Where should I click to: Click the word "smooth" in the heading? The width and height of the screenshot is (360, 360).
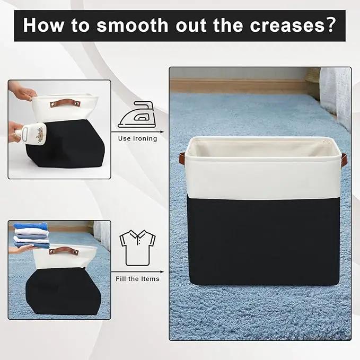[133, 25]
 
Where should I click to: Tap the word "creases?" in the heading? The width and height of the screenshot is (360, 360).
[293, 25]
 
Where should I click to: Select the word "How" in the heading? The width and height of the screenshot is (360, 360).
[43, 25]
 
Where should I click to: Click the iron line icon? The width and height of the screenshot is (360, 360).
[137, 115]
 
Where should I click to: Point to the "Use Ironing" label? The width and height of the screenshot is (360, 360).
[137, 138]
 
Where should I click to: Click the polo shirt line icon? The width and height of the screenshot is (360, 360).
[137, 248]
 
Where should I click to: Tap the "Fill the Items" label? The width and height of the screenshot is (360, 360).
[137, 279]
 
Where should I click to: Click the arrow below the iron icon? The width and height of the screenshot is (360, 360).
[137, 132]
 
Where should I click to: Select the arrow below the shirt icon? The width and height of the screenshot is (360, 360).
[137, 272]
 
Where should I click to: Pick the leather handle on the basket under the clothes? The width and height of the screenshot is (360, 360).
[64, 251]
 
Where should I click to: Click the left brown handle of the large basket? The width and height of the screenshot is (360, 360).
[182, 158]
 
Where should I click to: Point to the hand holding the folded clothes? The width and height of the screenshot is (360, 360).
[21, 249]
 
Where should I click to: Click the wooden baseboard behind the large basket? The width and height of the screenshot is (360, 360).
[239, 86]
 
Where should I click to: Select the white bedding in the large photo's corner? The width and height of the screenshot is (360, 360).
[335, 97]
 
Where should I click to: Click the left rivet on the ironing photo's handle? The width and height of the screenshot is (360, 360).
[53, 104]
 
